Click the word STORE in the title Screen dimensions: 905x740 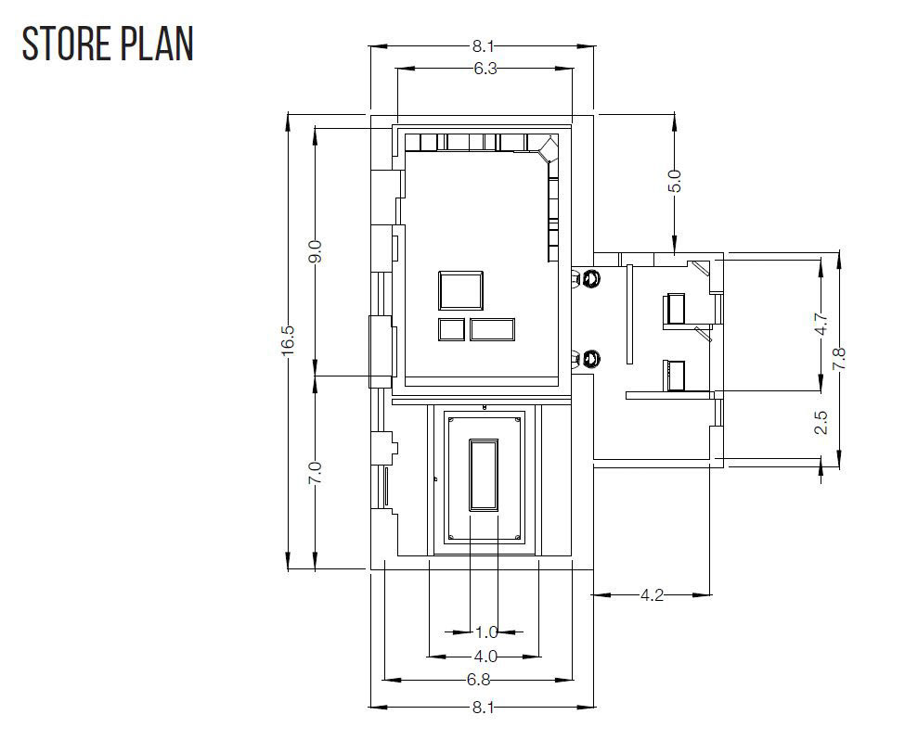click(65, 44)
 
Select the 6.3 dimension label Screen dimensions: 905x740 click(485, 69)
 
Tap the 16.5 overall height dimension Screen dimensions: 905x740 click(290, 340)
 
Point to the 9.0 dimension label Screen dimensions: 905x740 click(316, 251)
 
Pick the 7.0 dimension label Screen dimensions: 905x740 click(316, 473)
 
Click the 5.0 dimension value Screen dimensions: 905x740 click(676, 181)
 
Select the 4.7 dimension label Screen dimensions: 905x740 click(821, 324)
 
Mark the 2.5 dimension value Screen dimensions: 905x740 click(821, 422)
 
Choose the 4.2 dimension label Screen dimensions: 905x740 click(653, 594)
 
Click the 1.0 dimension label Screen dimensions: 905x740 click(486, 632)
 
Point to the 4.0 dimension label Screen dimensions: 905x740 click(485, 657)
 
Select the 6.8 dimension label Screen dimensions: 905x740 click(478, 680)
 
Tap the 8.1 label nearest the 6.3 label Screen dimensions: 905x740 click(483, 45)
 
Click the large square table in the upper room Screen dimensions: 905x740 click(460, 290)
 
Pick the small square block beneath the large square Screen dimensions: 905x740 click(451, 329)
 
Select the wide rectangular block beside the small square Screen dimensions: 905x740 click(492, 329)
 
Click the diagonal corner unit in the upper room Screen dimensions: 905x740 click(549, 148)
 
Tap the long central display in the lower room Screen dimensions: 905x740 click(484, 476)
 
